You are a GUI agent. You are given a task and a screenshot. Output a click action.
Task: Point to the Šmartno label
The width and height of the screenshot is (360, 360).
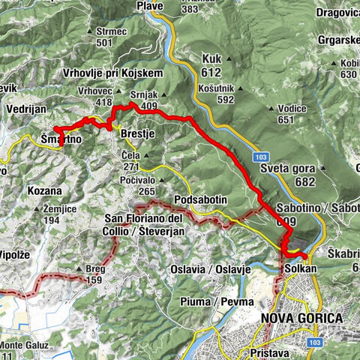(x=60, y=139)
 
